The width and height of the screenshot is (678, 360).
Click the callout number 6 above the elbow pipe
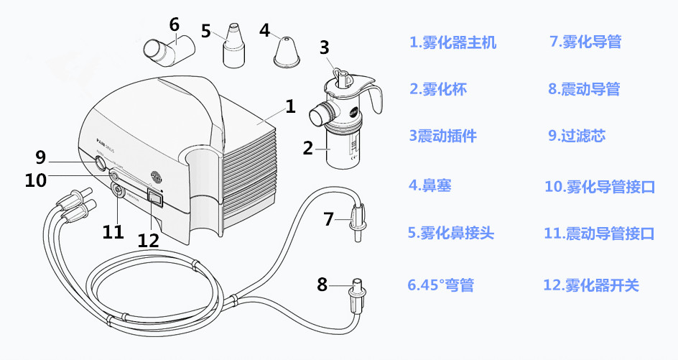click(175, 24)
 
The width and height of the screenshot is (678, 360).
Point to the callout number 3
click(324, 47)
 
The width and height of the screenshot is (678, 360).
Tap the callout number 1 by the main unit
click(290, 107)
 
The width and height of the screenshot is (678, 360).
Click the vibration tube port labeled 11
click(116, 190)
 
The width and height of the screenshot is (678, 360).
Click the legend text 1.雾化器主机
click(452, 42)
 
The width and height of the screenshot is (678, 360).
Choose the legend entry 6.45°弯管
click(441, 285)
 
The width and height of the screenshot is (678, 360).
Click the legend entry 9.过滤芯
click(576, 135)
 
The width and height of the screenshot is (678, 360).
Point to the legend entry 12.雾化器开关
click(591, 285)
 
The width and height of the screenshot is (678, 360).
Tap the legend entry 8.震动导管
click(583, 89)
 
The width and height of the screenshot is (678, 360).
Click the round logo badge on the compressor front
click(157, 175)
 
